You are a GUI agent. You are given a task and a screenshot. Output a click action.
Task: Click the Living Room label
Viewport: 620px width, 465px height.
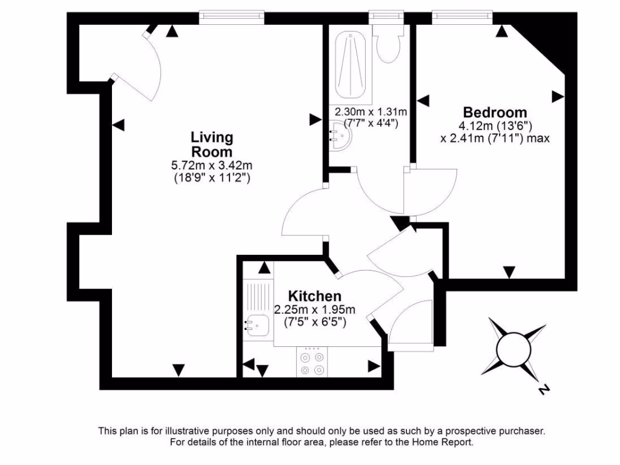click(211, 145)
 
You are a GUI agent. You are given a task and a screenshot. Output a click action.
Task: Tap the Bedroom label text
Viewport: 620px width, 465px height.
click(495, 112)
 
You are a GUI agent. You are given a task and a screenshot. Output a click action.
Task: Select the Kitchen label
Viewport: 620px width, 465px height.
click(314, 296)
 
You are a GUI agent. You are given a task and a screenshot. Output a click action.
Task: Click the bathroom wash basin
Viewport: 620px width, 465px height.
click(338, 136)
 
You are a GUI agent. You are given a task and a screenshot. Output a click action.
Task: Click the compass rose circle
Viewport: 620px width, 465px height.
click(513, 348)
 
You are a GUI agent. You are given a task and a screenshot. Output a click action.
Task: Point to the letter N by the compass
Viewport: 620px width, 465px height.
click(543, 389)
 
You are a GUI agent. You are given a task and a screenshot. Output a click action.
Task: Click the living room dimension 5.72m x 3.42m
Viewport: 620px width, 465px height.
click(211, 165)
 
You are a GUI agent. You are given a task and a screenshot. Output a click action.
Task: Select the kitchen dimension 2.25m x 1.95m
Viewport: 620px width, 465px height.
click(314, 309)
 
